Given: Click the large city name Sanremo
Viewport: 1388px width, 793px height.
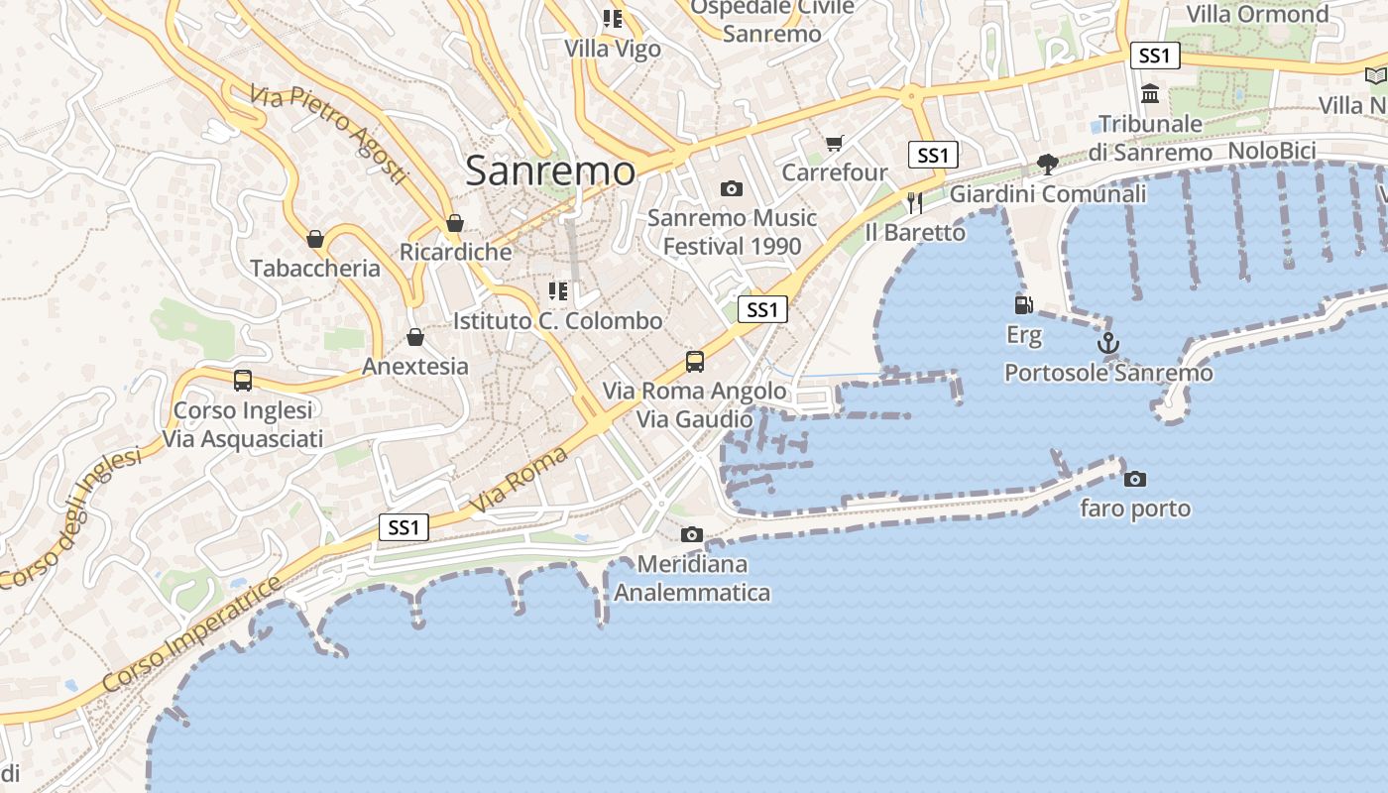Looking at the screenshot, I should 550,170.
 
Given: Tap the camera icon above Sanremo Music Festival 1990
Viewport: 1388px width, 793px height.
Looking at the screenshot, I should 731,188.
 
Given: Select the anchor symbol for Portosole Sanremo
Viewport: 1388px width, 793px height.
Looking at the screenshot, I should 1107,343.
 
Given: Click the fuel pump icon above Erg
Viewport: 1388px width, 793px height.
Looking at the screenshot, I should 1023,305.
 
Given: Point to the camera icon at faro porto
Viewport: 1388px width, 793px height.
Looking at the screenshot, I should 1134,480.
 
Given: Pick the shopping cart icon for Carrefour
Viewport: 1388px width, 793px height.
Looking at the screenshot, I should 834,144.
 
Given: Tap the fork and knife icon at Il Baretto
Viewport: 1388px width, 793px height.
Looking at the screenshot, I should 914,203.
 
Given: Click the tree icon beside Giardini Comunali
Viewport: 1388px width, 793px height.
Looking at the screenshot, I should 1047,164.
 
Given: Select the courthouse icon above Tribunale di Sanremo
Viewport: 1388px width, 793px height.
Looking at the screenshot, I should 1150,94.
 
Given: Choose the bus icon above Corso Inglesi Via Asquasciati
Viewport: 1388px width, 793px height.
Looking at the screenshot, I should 242,381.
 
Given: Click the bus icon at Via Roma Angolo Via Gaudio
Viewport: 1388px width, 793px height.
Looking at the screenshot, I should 695,361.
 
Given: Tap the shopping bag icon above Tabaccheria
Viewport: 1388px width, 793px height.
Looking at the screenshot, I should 315,239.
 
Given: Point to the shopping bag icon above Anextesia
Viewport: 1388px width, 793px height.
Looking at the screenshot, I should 415,338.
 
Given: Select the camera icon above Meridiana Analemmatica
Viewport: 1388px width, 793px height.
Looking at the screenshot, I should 692,535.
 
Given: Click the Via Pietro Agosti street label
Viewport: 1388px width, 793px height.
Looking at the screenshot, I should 329,134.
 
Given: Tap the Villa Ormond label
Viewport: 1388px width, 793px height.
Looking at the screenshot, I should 1257,14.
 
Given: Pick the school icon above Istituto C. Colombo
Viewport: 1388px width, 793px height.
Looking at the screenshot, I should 558,291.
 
